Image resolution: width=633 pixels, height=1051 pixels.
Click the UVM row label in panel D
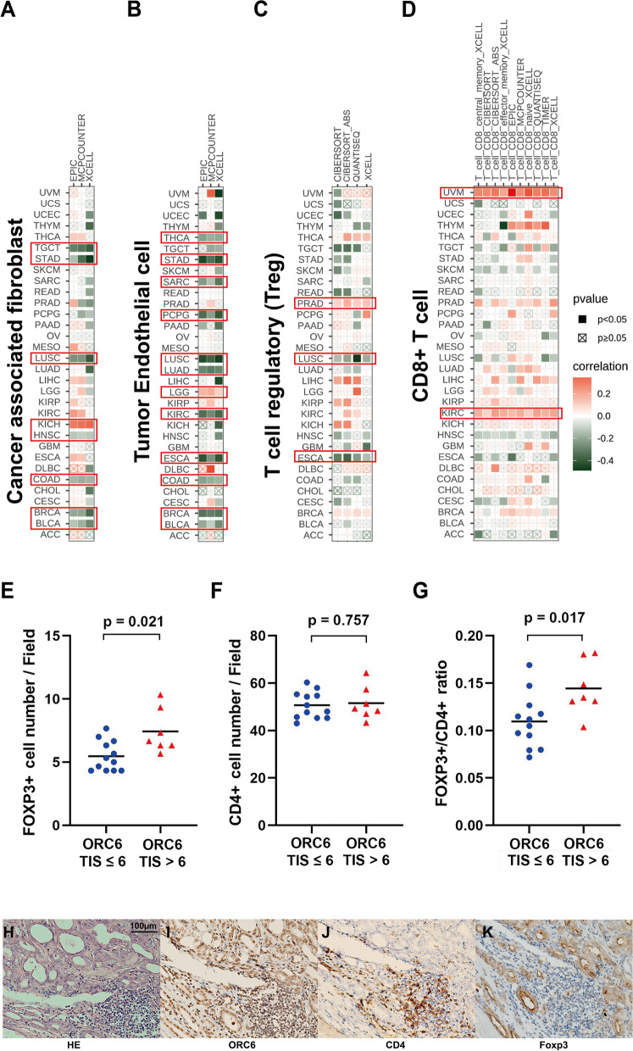pos(454,193)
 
